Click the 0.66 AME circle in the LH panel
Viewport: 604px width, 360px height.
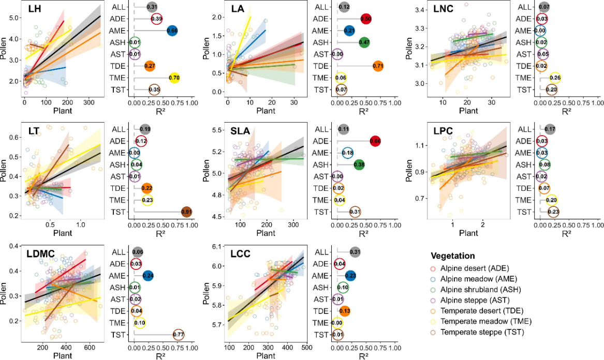pyautogui.click(x=173, y=31)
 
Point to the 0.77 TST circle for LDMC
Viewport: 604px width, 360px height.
pyautogui.click(x=179, y=334)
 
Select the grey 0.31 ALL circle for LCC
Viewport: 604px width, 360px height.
pyautogui.click(x=355, y=252)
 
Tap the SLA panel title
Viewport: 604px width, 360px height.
pyautogui.click(x=241, y=131)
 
